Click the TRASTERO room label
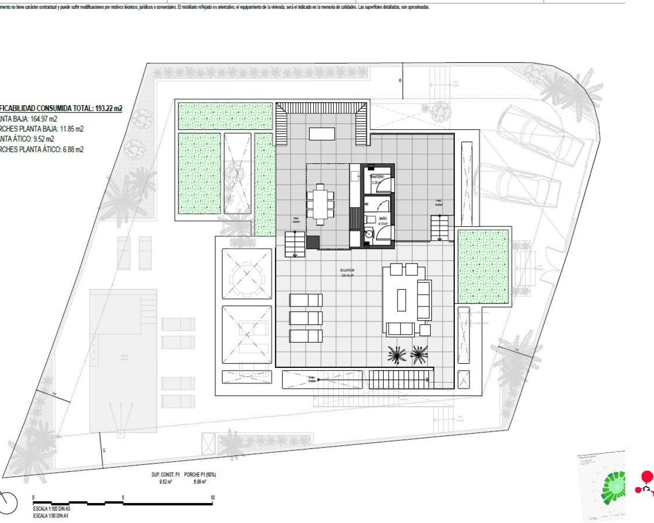pos(377,177)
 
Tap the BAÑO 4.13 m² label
pos(383,221)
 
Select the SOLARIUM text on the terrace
pos(347,271)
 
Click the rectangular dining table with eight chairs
pos(320,204)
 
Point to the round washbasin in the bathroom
pos(369,234)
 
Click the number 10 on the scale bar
pos(213,497)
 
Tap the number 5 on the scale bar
pos(123,497)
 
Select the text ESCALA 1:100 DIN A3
pos(52,509)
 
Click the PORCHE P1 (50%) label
pos(200,474)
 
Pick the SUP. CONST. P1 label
pos(166,474)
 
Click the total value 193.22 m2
pos(108,108)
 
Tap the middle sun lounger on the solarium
pos(306,318)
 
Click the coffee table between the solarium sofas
pos(402,300)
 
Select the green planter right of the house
pos(483,267)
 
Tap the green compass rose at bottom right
pos(614,487)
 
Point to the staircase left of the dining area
pos(294,244)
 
